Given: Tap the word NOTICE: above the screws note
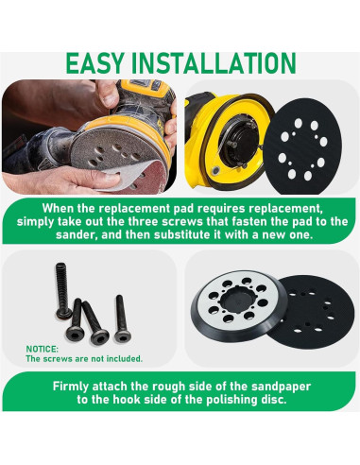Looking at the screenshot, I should (x=42, y=348).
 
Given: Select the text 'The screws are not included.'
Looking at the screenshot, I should (x=83, y=359).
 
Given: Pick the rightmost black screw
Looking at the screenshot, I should (x=120, y=319).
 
